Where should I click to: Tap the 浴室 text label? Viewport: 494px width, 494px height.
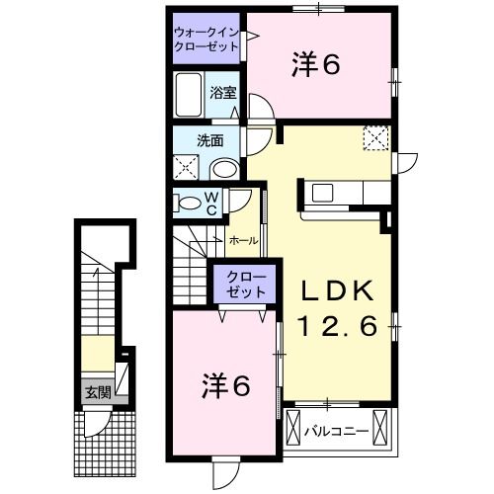(223, 94)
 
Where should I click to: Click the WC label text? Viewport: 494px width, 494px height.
(211, 203)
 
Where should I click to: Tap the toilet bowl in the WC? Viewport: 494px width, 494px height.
(189, 203)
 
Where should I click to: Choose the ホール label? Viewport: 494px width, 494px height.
(244, 240)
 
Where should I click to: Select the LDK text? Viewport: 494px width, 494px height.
(336, 290)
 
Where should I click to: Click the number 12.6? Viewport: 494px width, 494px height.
(336, 326)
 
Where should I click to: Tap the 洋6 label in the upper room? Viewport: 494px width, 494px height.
(316, 65)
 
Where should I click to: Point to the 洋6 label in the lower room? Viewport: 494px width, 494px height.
(228, 383)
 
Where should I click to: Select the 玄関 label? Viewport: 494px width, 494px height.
(96, 391)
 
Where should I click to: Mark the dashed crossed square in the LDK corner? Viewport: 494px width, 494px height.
(375, 139)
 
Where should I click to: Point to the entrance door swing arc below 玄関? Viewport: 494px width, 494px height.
(97, 424)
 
